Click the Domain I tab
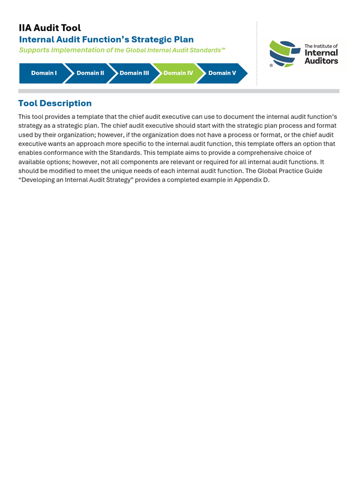pyautogui.click(x=44, y=73)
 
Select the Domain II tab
pyautogui.click(x=90, y=73)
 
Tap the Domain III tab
pyautogui.click(x=134, y=73)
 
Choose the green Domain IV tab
pyautogui.click(x=178, y=73)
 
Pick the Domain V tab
pyautogui.click(x=222, y=73)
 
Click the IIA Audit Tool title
pyautogui.click(x=50, y=28)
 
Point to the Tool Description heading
pyautogui.click(x=55, y=103)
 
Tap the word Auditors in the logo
pyautogui.click(x=321, y=61)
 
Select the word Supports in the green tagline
pyautogui.click(x=34, y=50)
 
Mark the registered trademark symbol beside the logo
pyautogui.click(x=271, y=65)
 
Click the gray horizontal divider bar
pyautogui.click(x=179, y=91)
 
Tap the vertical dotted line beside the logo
pyautogui.click(x=256, y=54)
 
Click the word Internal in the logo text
pyautogui.click(x=321, y=53)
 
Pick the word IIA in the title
pyautogui.click(x=25, y=28)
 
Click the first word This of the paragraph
pyautogui.click(x=25, y=117)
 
